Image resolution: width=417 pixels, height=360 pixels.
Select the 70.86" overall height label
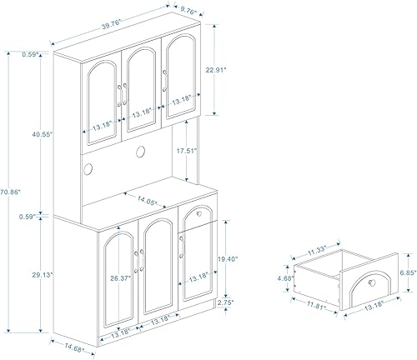10,191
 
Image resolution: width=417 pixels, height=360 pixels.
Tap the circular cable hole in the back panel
138,152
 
